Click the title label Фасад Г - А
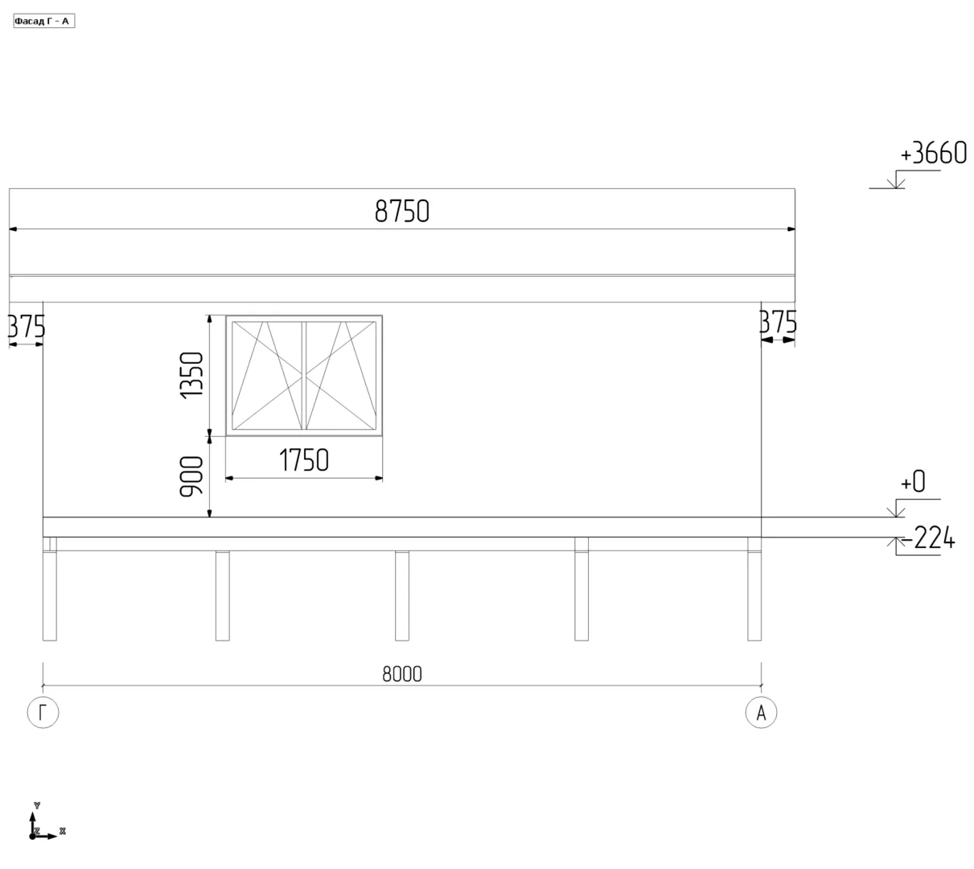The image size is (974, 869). pos(43,21)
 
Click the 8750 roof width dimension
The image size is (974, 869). pos(401,211)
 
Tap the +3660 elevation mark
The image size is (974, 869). pos(933,153)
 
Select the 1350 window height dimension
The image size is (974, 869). pos(191,375)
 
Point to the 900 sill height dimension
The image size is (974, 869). pos(191,476)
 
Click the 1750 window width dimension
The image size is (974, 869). pos(304,459)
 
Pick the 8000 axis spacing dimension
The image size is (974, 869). pos(402,673)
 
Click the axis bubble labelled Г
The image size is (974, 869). pos(43,712)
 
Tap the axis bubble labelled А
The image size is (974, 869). pos(761,712)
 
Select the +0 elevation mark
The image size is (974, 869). pos(912,481)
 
